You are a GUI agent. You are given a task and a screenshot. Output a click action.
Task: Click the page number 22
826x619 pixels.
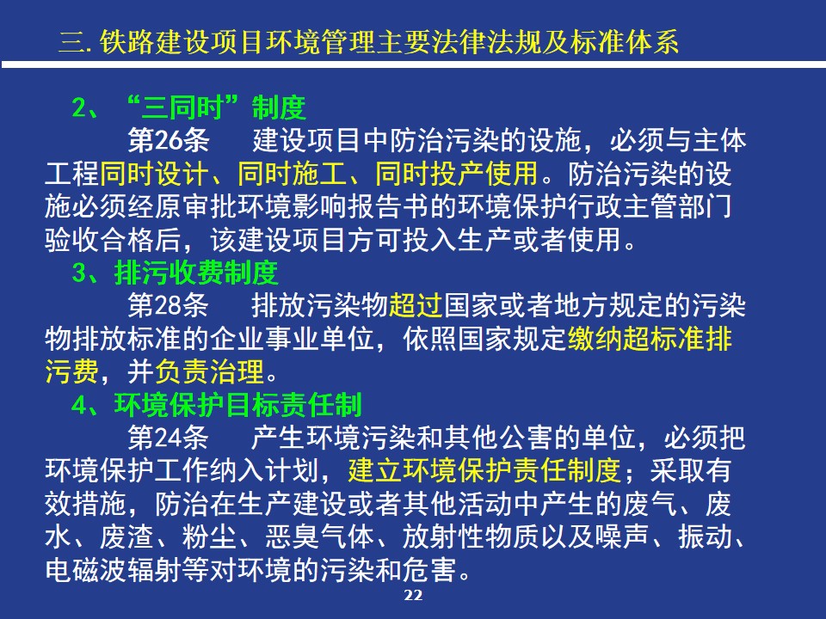[x=413, y=595]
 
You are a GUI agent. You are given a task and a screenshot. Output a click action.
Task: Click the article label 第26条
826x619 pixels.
[x=169, y=140]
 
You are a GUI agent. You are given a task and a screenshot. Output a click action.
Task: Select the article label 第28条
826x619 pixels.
[x=169, y=305]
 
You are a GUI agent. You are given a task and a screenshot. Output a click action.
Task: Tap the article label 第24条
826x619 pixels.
[x=169, y=438]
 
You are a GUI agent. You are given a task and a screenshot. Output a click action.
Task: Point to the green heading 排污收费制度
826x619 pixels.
[x=196, y=273]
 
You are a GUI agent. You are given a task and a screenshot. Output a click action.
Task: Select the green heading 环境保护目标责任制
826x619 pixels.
[x=237, y=405]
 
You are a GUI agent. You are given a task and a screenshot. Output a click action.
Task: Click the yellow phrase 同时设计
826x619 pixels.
[x=155, y=173]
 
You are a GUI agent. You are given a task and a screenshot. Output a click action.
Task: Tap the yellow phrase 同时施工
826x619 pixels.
[x=293, y=173]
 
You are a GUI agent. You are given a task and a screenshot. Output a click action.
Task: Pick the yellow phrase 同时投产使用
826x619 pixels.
[x=457, y=173]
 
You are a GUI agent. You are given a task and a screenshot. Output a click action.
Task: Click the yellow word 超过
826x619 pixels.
[x=416, y=305]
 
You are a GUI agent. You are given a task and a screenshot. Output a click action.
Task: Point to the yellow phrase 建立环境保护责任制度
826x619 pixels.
[x=484, y=470]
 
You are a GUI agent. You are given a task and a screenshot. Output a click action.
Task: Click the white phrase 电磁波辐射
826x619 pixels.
[x=114, y=569]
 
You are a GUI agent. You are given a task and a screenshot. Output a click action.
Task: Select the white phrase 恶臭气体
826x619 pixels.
[x=320, y=536]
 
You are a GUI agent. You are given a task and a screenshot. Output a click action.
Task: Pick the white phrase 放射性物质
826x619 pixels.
[x=471, y=536]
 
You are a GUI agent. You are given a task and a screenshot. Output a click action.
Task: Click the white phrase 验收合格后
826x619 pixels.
[x=114, y=240]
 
